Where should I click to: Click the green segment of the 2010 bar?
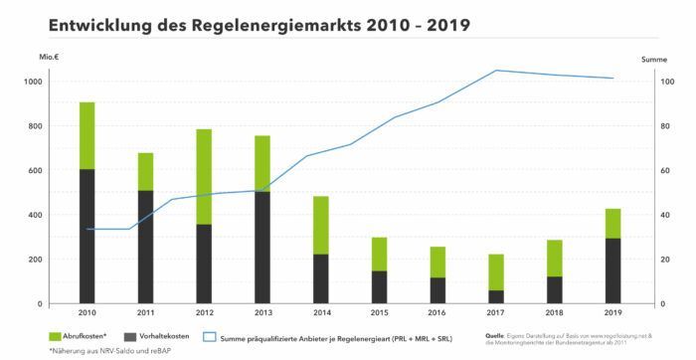(87, 135)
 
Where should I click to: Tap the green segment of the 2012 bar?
(204, 176)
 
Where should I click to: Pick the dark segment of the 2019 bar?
(612, 270)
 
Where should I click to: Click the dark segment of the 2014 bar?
(320, 278)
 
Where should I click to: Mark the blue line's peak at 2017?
(495, 71)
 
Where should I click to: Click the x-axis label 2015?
(379, 313)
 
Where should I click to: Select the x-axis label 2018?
(554, 313)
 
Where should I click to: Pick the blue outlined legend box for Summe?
(210, 336)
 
